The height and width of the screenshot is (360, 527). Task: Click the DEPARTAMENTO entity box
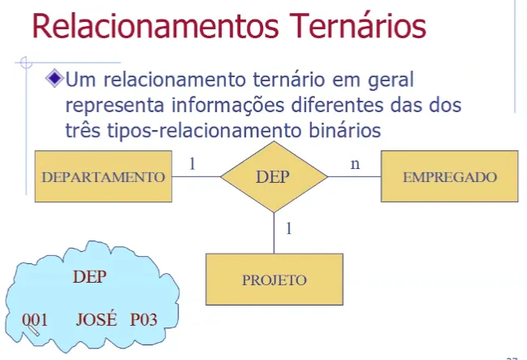tap(102, 176)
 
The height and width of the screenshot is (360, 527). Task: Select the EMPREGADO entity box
tap(450, 176)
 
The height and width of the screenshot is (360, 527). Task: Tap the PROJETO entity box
tap(274, 280)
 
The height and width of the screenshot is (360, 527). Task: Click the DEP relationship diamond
tap(273, 176)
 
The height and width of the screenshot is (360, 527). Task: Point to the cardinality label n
tap(354, 163)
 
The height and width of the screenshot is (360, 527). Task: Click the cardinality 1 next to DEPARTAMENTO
tap(192, 163)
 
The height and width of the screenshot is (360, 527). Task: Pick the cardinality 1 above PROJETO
tap(287, 229)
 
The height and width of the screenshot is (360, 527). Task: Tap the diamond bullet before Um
tap(54, 80)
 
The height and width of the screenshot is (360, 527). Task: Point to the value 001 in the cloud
tap(35, 319)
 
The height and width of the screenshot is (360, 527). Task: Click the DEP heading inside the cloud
tap(89, 275)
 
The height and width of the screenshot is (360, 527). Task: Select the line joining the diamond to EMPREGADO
tap(352, 176)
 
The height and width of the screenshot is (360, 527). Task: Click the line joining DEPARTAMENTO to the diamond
tap(195, 176)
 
